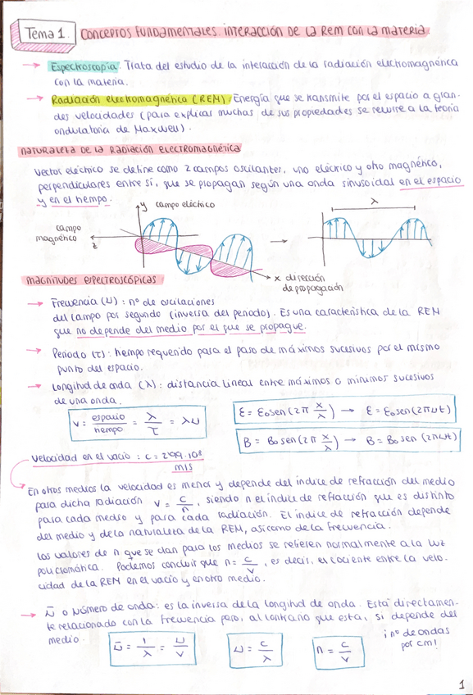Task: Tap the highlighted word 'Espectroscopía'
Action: click(x=85, y=65)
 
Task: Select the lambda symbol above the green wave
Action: click(x=374, y=200)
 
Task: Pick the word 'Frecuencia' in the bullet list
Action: click(x=76, y=301)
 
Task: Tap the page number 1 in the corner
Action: click(x=461, y=682)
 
